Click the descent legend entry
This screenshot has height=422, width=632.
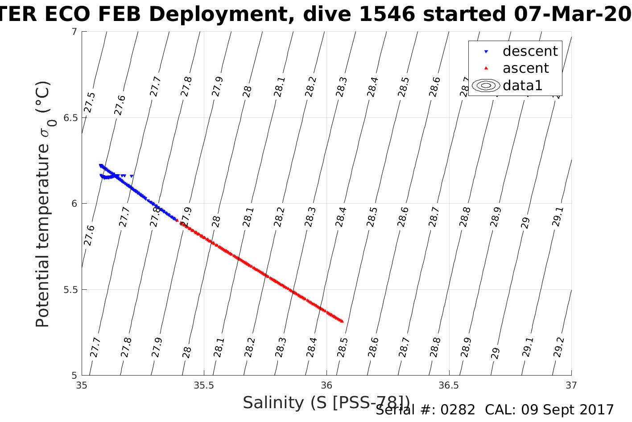pyautogui.click(x=530, y=51)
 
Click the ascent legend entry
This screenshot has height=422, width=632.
pyautogui.click(x=525, y=68)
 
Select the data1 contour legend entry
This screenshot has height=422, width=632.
pyautogui.click(x=522, y=85)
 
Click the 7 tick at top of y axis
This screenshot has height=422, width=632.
pyautogui.click(x=74, y=32)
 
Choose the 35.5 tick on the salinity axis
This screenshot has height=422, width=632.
pyautogui.click(x=204, y=385)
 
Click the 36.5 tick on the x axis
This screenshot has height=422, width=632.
pyautogui.click(x=449, y=385)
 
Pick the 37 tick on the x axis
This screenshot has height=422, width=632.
pyautogui.click(x=571, y=385)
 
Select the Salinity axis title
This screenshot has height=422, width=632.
pyautogui.click(x=326, y=403)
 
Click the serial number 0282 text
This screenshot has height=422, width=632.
pyautogui.click(x=458, y=410)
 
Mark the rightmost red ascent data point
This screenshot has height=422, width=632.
pyautogui.click(x=342, y=321)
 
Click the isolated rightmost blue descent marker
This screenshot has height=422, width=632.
pyautogui.click(x=132, y=176)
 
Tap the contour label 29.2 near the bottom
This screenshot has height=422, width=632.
pyautogui.click(x=559, y=347)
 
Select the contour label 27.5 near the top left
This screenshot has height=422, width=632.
pyautogui.click(x=90, y=102)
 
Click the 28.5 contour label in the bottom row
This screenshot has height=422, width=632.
pyautogui.click(x=343, y=347)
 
